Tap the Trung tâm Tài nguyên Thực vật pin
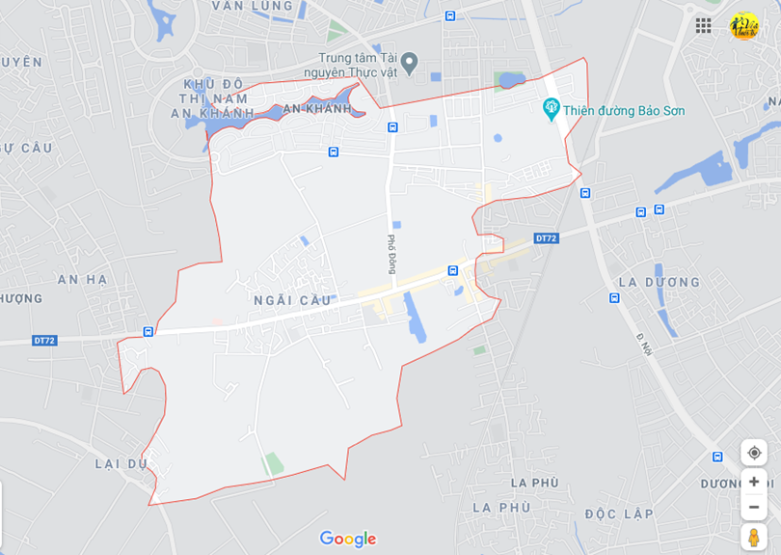409,64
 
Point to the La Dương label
660,282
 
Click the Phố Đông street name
392,255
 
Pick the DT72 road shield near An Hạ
44,340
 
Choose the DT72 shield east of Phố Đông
546,238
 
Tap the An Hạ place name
82,279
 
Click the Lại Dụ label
121,463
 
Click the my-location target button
754,452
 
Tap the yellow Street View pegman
754,537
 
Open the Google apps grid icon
704,25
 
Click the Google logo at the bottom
348,539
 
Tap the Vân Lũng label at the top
254,6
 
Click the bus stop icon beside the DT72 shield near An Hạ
148,331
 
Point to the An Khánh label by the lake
315,109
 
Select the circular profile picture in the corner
743,25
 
